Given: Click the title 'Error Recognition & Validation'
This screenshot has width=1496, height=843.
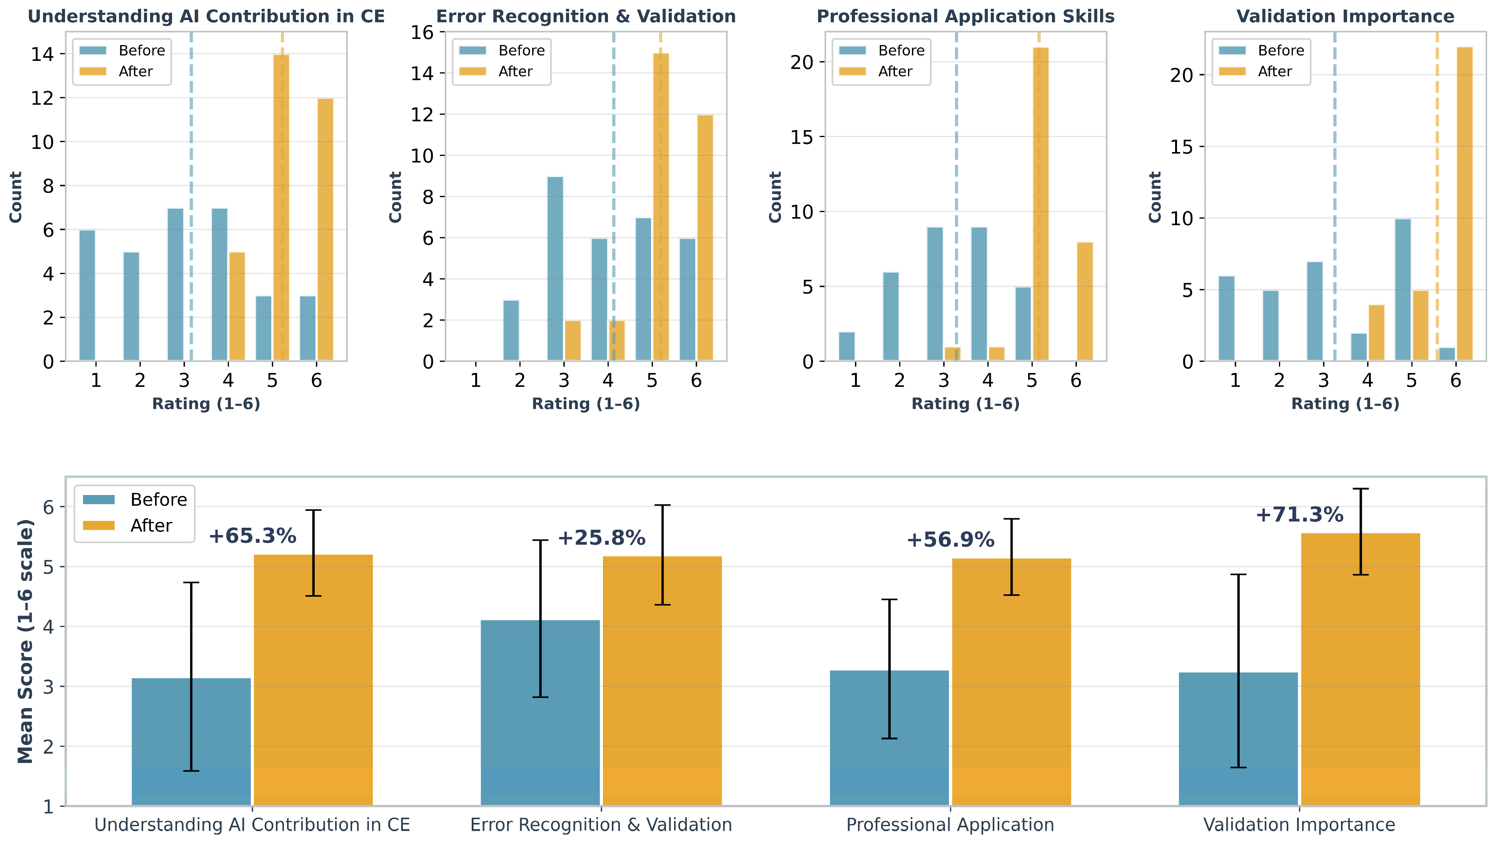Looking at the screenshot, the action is tap(586, 16).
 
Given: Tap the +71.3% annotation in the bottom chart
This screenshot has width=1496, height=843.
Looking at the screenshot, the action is tap(1299, 515).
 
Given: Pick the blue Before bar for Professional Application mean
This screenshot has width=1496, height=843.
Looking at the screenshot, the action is tap(889, 738).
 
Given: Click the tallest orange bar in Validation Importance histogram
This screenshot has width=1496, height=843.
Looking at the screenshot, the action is tap(1464, 204).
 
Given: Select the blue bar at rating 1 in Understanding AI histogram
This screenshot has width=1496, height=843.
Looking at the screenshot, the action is tap(87, 296).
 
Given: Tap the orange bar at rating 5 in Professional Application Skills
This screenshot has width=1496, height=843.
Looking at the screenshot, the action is tap(1041, 204).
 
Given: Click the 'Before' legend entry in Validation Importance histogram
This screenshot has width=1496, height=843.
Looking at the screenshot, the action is tap(1261, 50).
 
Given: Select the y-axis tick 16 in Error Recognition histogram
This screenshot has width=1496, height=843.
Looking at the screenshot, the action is tap(422, 32).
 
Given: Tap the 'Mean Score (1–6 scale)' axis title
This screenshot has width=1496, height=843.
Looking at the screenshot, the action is tap(25, 641).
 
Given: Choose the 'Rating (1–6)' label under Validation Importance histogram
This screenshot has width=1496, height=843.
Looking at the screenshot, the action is tap(1345, 404).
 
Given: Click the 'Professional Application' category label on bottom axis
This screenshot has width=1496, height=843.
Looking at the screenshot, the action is tap(950, 825).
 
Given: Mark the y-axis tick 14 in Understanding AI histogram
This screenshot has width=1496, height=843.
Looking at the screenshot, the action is tap(42, 54).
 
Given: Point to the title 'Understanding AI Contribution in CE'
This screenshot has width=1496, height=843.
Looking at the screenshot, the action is tap(206, 16).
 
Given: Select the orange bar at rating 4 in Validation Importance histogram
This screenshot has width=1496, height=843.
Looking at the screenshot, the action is tap(1376, 333).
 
